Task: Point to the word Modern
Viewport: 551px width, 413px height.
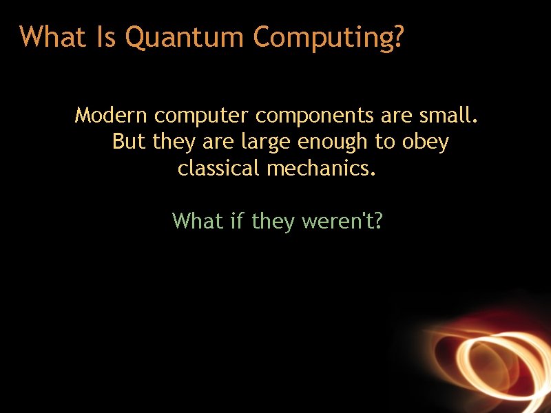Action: [112, 115]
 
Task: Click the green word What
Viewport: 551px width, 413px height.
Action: [198, 221]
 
